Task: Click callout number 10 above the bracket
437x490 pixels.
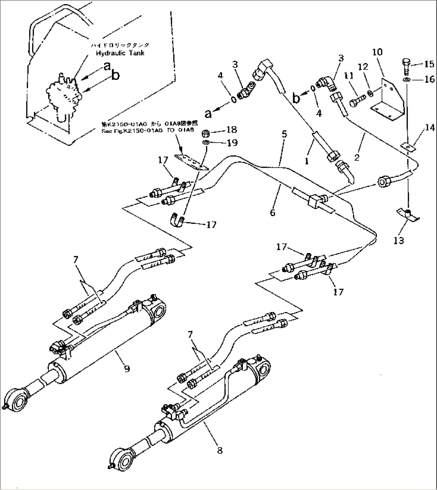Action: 377,52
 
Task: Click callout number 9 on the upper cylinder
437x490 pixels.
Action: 127,368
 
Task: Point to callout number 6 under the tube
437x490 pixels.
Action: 273,213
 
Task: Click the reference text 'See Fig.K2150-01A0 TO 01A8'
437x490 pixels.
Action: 147,130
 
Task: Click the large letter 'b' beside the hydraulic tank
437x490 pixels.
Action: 115,75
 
